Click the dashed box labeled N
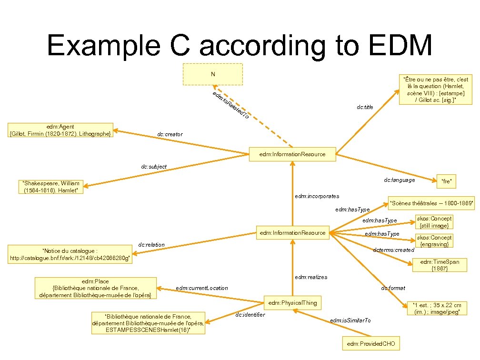coord(213,74)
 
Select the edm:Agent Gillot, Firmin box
coord(60,130)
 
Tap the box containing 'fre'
coord(446,180)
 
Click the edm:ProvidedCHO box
coord(371,343)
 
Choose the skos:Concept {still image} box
coord(434,222)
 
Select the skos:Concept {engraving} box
coord(434,240)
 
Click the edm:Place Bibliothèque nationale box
coord(96,288)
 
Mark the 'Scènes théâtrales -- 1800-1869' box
coord(431,204)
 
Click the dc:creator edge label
coord(170,135)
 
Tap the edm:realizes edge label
coord(311,277)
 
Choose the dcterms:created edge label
coord(394,250)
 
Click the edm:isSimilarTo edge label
coord(350,320)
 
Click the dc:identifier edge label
coord(250,314)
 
